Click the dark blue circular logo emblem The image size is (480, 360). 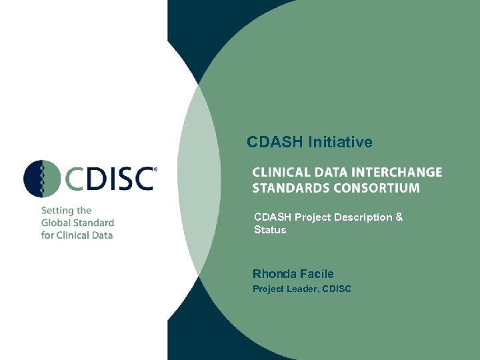pos(42,179)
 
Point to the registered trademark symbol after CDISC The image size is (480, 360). pos(156,170)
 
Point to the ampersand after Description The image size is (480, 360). pos(399,217)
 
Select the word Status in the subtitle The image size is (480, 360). pos(270,230)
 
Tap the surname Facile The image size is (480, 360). pos(317,273)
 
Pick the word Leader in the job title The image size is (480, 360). pos(303,289)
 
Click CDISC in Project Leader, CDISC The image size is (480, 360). pos(337,289)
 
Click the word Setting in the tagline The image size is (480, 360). pos(57,211)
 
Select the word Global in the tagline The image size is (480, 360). pos(56,223)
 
